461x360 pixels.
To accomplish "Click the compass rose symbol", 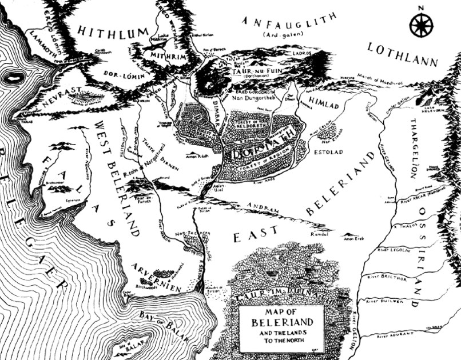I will point(421,25).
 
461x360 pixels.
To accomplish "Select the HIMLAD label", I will point(323,101).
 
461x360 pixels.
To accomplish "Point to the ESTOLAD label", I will point(325,153).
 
